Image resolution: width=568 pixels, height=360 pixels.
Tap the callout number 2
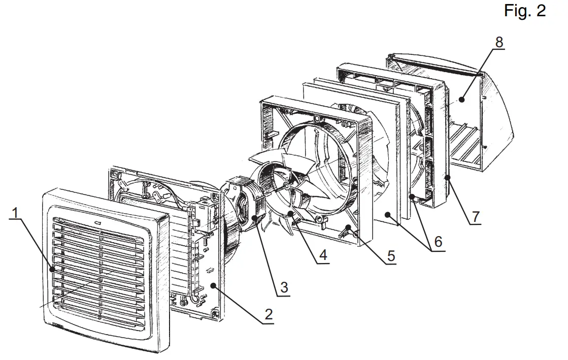[268, 314]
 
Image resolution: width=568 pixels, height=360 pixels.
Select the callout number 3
[284, 287]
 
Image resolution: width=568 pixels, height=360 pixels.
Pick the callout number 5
[390, 255]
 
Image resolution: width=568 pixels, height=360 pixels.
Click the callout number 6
[438, 242]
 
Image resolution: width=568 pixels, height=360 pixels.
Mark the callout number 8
[499, 42]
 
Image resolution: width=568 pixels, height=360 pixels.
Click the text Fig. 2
[525, 11]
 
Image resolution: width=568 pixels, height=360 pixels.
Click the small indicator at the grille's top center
[96, 222]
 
